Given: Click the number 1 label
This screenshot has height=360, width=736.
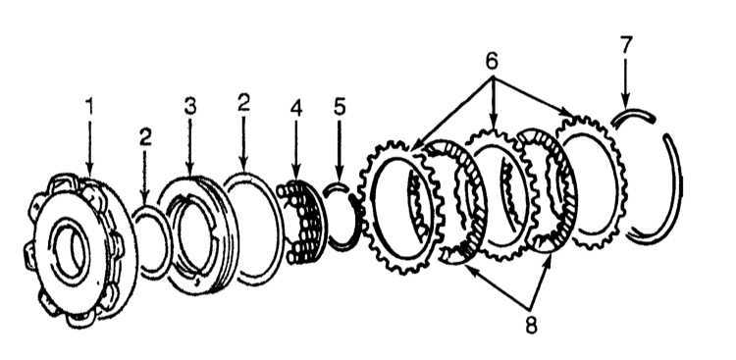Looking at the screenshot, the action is click(89, 107).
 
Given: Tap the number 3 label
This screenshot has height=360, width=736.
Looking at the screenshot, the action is click(189, 107).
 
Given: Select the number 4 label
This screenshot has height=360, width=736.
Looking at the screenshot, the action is click(295, 108).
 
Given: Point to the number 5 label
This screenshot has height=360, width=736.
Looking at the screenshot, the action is click(340, 108).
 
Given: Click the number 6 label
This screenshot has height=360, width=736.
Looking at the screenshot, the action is click(492, 61).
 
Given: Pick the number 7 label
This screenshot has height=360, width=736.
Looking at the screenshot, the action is click(626, 44).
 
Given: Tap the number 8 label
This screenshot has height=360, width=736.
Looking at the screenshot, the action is click(531, 325).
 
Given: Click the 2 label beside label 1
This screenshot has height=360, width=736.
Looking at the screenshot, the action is click(145, 137).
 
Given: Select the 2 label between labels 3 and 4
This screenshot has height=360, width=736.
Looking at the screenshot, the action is click(243, 102).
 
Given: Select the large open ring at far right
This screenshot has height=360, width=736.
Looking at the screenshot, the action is click(678, 187).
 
